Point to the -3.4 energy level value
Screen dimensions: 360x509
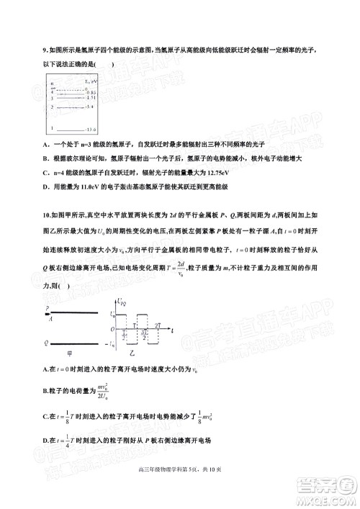(x=89, y=107)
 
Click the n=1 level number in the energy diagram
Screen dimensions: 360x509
(x=53, y=127)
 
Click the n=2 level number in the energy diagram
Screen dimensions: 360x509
(x=53, y=107)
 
